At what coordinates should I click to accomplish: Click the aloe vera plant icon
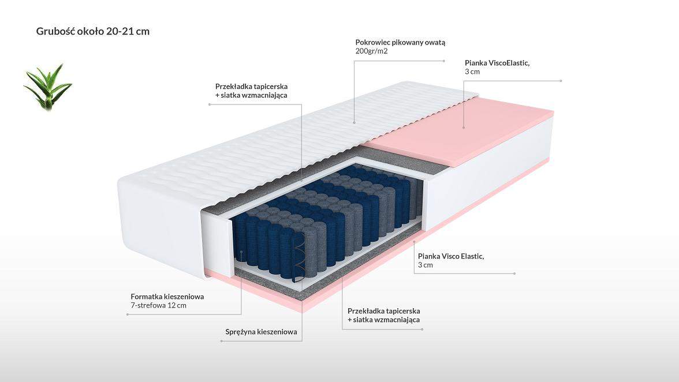pos(48,87)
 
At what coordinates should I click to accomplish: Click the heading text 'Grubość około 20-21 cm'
pos(92,31)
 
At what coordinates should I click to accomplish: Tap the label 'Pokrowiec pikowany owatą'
pos(400,42)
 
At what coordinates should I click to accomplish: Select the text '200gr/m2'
pos(371,51)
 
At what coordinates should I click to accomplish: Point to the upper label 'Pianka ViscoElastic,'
pos(497,63)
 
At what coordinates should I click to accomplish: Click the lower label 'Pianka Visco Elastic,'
pos(451,256)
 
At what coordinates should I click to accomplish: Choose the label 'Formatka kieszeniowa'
pos(167,297)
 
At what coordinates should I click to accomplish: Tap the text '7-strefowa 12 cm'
pos(158,305)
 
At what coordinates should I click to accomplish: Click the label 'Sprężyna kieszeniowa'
pos(261,332)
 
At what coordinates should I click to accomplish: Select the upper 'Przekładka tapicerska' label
pos(251,87)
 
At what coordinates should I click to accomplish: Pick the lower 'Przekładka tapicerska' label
pos(383,311)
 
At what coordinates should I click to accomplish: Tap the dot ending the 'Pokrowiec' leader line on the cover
pos(355,122)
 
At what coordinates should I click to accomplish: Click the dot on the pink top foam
pos(463,128)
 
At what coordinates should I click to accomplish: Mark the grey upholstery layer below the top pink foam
pos(403,159)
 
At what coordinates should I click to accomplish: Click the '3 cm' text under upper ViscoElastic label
pos(472,72)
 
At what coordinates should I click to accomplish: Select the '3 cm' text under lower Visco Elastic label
pos(425,265)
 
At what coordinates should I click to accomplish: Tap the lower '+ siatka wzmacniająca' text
pos(383,320)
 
